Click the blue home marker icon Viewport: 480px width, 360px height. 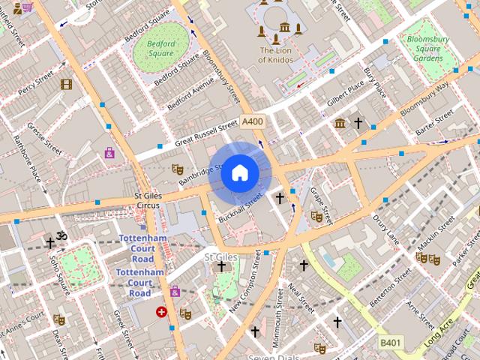pos(239,173)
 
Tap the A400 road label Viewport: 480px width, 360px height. pos(253,121)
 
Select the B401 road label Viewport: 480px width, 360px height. pos(389,342)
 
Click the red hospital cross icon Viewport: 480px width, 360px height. pos(161,311)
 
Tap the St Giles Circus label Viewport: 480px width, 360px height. pos(147,200)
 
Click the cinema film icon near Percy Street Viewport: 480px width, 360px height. pos(66,85)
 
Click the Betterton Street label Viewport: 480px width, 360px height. pos(390,286)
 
